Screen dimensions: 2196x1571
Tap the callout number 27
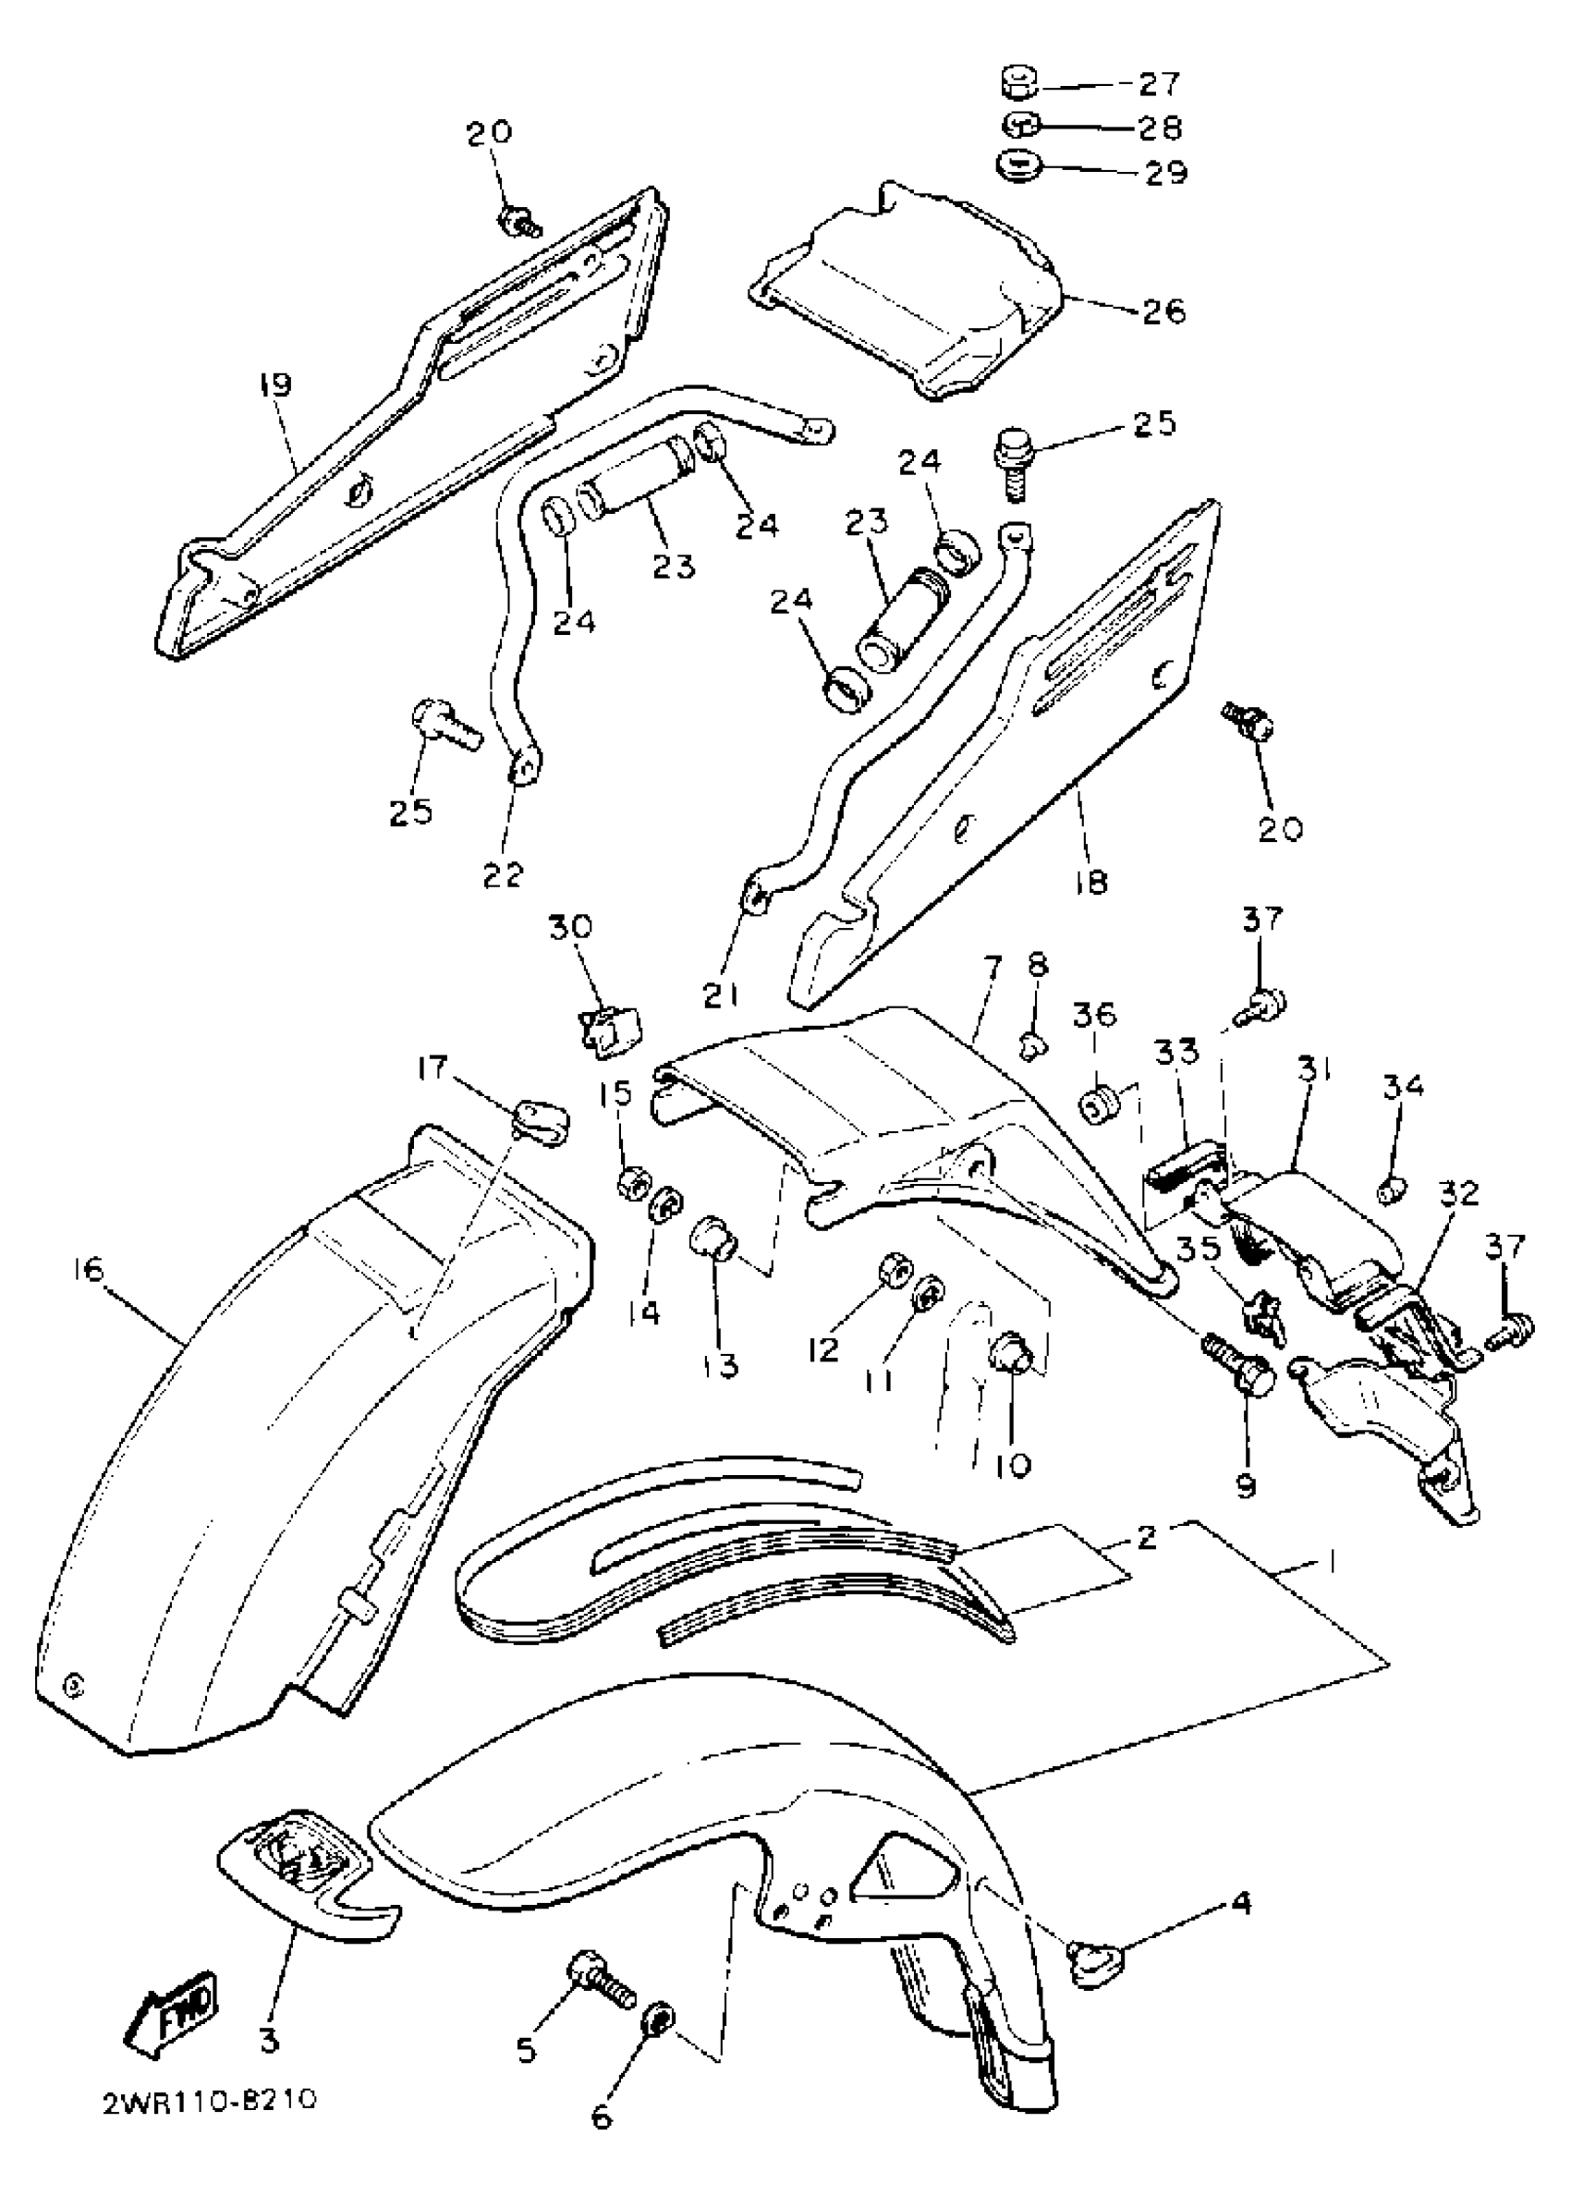[1159, 84]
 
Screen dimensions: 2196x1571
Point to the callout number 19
[274, 385]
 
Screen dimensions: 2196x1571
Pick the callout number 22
[503, 873]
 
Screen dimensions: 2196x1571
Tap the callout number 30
[571, 927]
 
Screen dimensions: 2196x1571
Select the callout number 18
[1090, 883]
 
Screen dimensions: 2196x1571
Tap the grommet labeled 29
[1017, 165]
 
